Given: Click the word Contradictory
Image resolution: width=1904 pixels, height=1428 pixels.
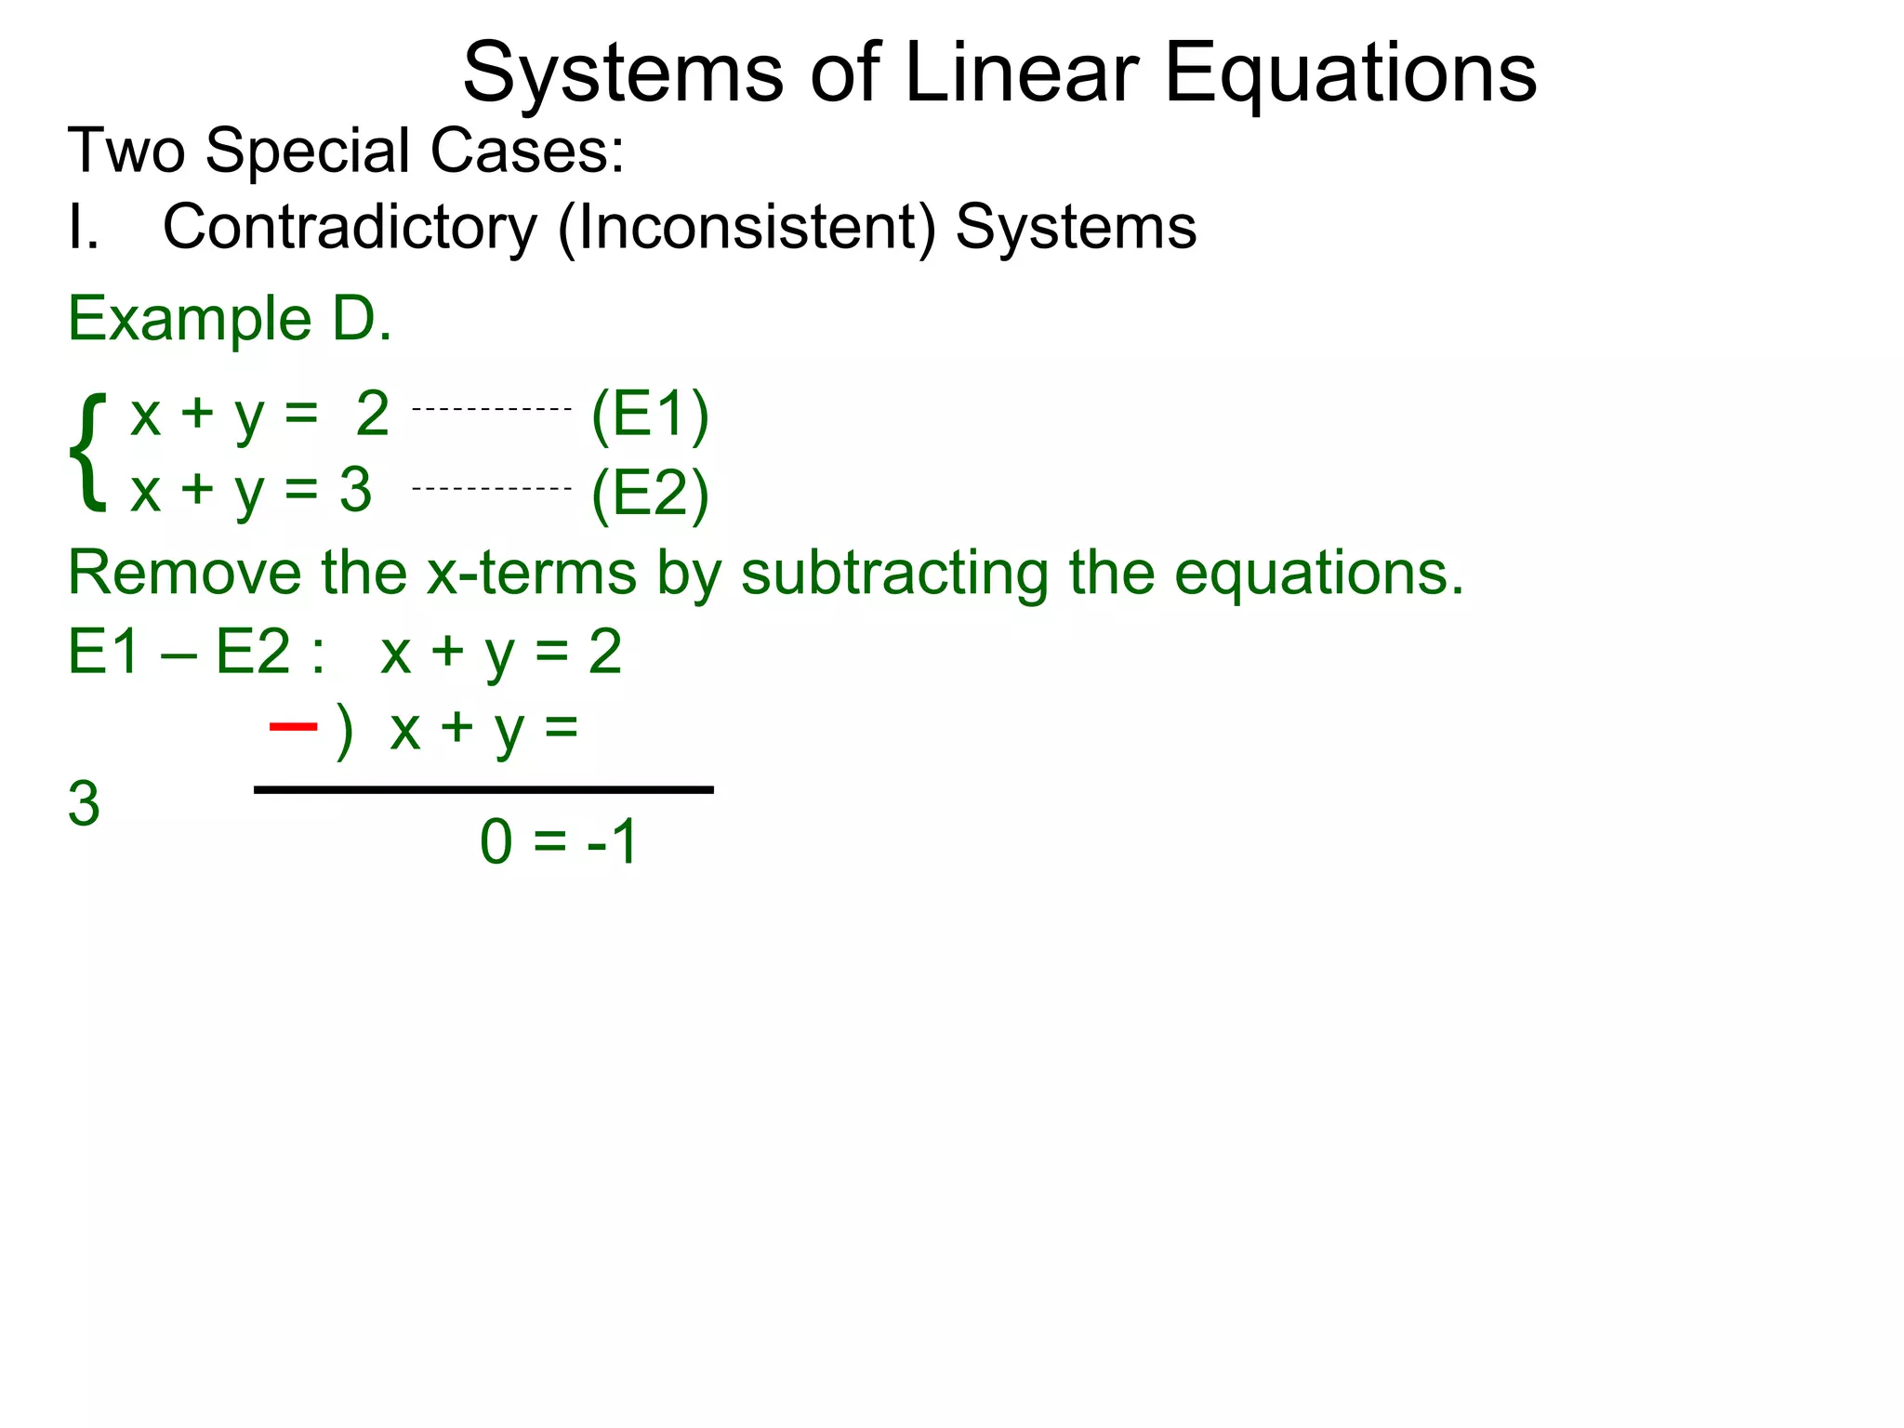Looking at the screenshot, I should [350, 228].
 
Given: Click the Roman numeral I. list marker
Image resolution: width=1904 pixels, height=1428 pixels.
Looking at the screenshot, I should [83, 228].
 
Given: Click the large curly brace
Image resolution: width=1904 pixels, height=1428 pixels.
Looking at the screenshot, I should [87, 453].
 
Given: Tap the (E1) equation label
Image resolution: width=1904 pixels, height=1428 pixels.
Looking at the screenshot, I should [650, 415].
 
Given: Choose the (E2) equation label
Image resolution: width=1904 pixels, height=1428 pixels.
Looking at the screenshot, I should [650, 494].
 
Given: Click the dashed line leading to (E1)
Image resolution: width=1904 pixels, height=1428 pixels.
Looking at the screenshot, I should [491, 409].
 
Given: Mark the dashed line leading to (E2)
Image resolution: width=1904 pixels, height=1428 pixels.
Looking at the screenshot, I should [491, 488].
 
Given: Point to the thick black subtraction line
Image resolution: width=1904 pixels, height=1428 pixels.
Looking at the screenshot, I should [483, 790].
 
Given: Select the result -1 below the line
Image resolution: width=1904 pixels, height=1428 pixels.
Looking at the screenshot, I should [612, 842].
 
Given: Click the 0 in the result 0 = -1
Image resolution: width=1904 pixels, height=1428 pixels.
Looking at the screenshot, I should [496, 842].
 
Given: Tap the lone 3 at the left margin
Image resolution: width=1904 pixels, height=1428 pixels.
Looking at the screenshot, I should [84, 804].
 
